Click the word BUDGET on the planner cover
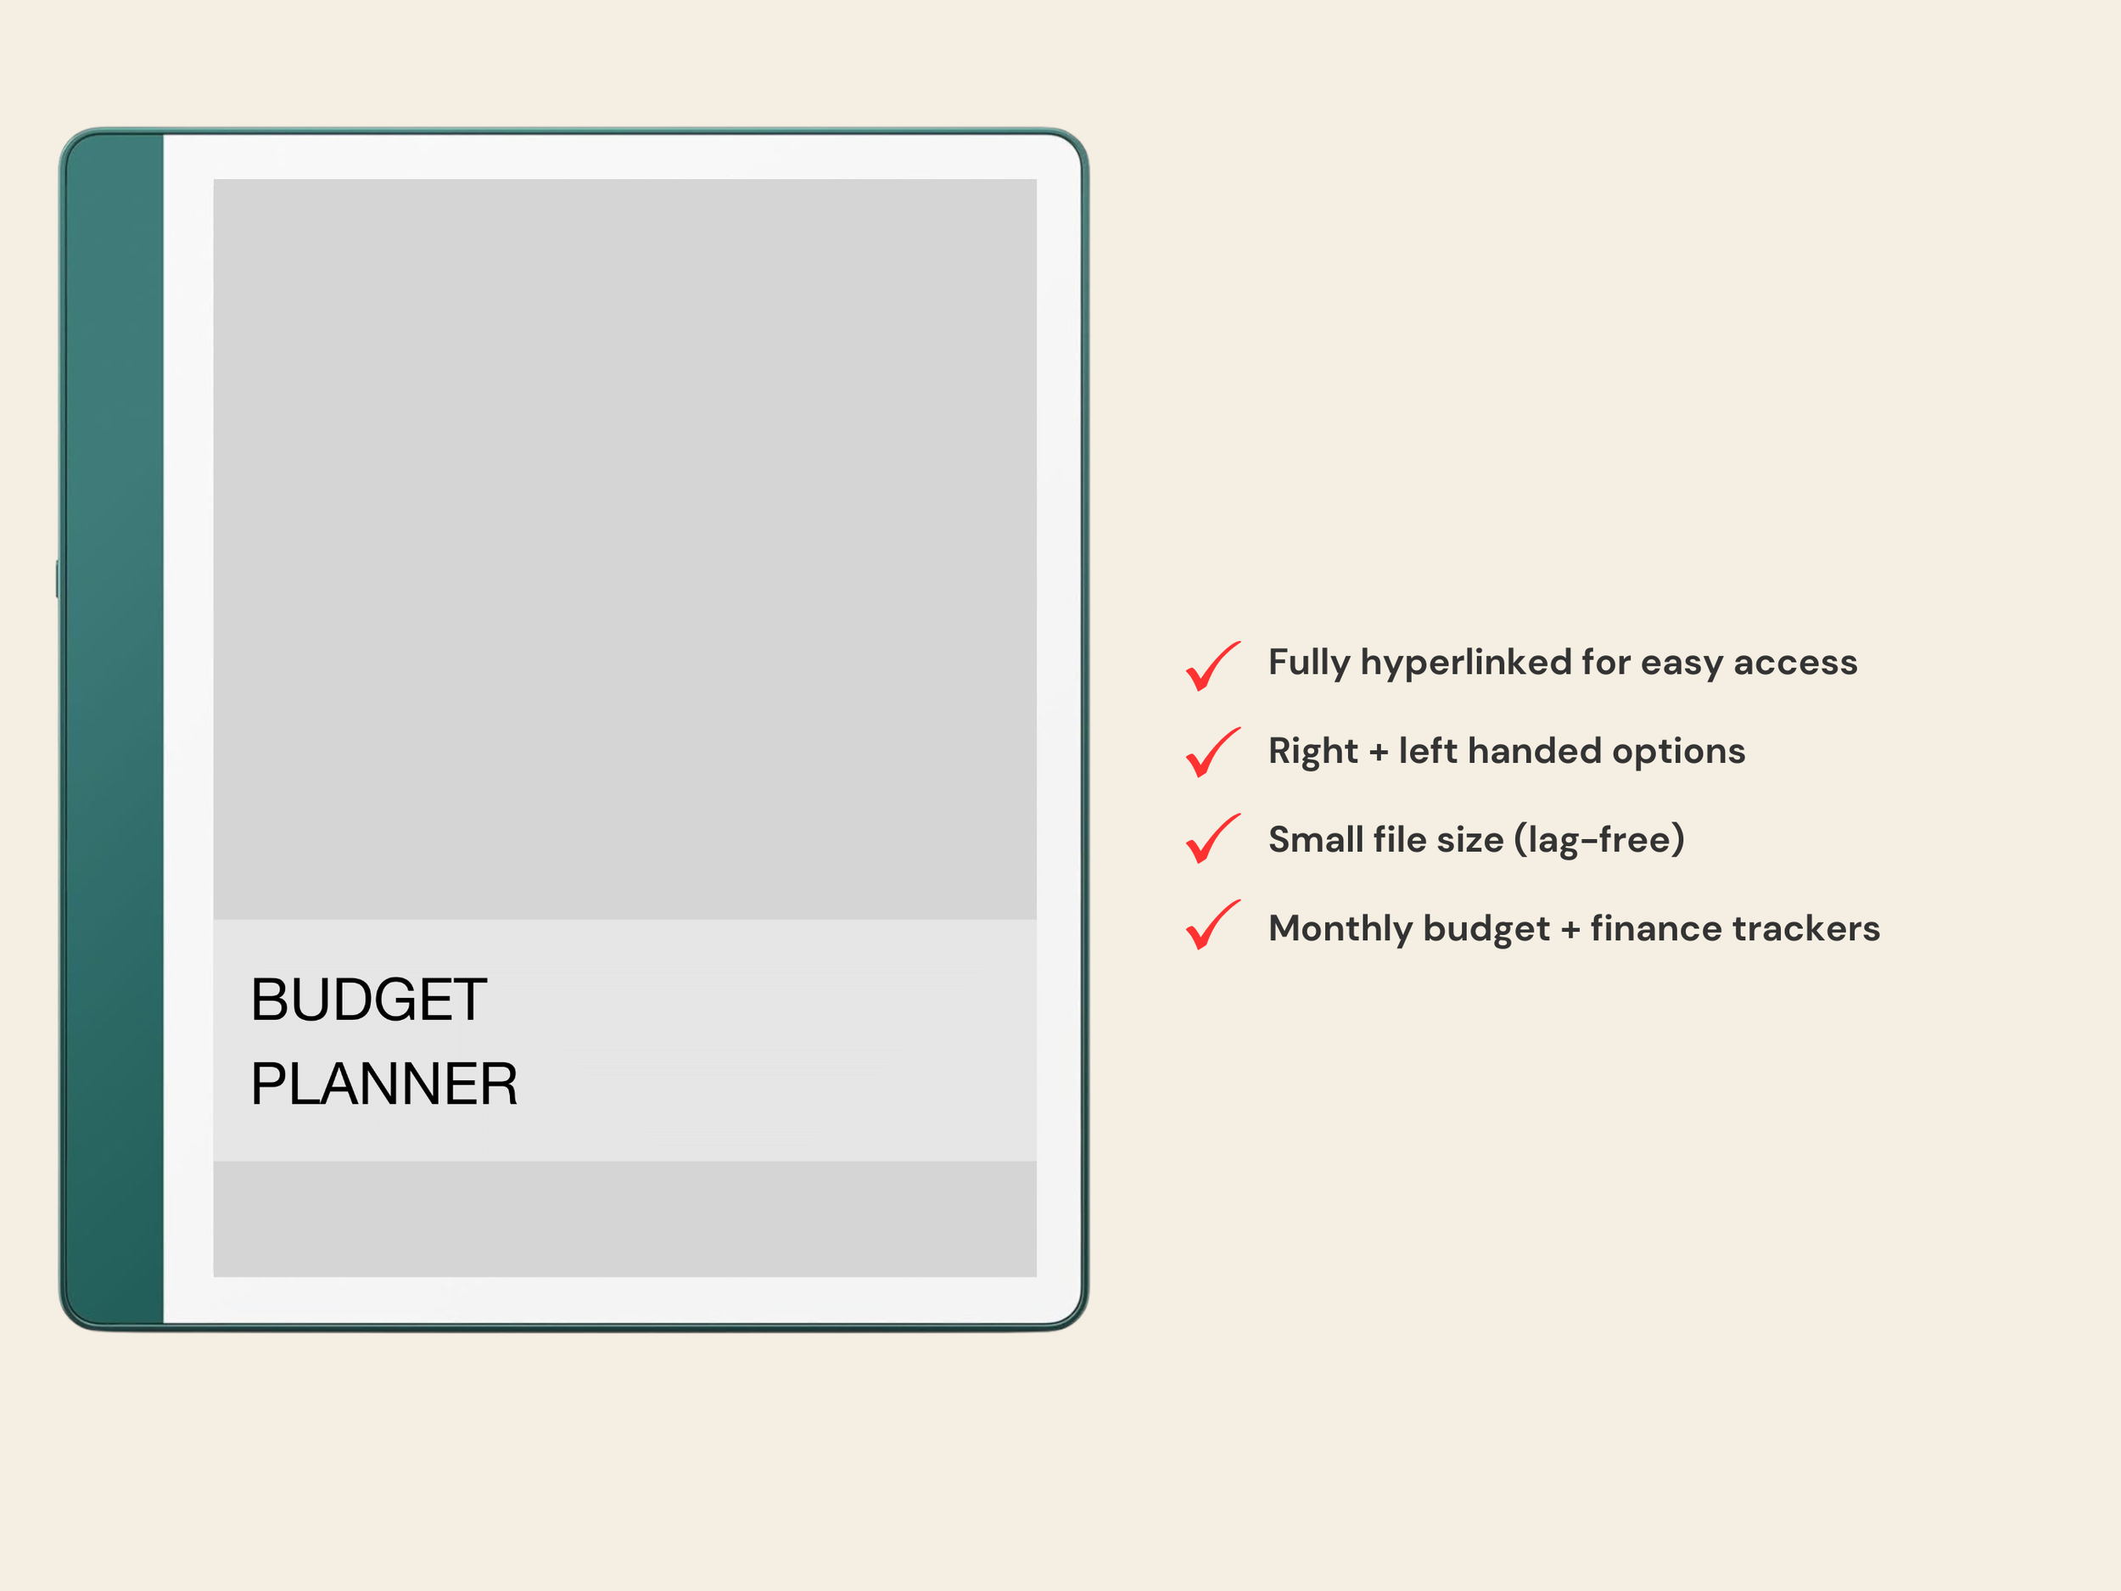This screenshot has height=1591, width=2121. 369,1000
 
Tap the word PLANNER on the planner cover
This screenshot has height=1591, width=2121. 383,1084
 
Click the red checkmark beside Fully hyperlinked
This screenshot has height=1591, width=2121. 1212,665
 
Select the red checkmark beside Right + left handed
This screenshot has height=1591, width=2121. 1212,752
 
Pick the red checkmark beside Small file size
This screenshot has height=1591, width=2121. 1212,838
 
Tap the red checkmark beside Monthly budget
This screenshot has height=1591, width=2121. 1212,925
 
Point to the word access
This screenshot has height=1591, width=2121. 1795,663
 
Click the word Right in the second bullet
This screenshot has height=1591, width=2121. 1312,751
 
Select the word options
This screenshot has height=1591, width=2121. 1678,751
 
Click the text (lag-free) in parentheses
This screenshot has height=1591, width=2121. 1598,840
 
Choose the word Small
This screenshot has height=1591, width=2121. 1315,840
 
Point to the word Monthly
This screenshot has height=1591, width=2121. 1340,928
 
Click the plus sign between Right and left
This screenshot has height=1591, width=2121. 1379,752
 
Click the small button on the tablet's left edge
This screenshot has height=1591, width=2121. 58,580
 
